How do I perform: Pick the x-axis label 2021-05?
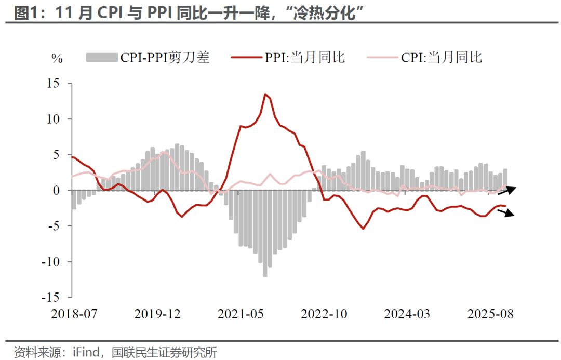coord(241,314)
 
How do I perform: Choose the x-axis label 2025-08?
coord(490,314)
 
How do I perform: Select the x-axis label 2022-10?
coord(324,314)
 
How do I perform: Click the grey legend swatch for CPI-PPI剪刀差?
coord(102,57)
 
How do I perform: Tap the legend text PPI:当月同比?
coord(305,57)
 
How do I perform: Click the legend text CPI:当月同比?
coord(442,57)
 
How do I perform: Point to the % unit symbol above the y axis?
coord(57,58)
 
